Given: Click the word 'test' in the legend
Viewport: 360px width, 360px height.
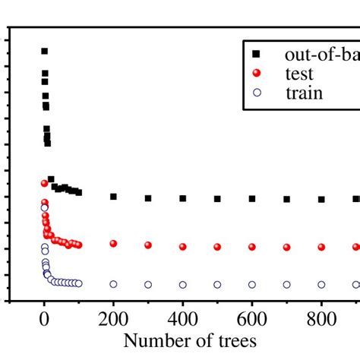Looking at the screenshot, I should coord(298,74).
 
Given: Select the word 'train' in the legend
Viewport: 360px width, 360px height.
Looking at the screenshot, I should coord(303,93).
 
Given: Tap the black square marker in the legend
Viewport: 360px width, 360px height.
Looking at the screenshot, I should coord(255,54).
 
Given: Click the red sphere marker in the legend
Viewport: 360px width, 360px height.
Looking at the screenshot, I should coord(255,74).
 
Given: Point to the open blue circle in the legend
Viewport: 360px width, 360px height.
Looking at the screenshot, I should coord(255,93).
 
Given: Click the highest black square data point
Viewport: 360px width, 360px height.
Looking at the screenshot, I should coord(44,51).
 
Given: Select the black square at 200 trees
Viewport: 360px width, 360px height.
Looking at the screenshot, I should coord(113,196).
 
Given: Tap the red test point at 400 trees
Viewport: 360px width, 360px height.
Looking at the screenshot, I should coord(183,246).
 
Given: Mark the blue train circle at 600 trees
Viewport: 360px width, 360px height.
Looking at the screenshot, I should coord(252,284).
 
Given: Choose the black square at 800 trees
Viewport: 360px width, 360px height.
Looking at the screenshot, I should coord(321,199).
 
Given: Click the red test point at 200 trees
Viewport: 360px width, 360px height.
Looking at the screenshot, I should coord(113,243).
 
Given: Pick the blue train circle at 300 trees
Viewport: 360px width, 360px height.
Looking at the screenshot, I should coord(148,284).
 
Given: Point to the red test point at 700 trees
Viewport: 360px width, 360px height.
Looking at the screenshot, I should coord(287,247).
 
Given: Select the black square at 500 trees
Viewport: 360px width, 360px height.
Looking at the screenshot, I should coord(217,198).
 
